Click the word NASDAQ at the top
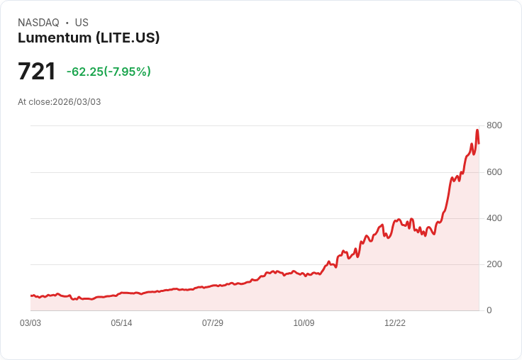38,23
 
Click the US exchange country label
82,23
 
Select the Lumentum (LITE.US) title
89,38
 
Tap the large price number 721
37,72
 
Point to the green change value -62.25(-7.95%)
109,72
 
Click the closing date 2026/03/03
77,102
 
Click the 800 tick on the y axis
494,125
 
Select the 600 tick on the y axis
494,172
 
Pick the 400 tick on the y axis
494,218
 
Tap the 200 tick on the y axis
494,264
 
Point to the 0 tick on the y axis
489,310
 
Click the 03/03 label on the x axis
30,323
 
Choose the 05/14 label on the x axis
121,323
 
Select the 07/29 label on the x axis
213,323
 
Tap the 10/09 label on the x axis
304,323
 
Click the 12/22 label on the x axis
395,323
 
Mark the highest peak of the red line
477,130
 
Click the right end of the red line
479,144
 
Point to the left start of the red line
30,296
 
